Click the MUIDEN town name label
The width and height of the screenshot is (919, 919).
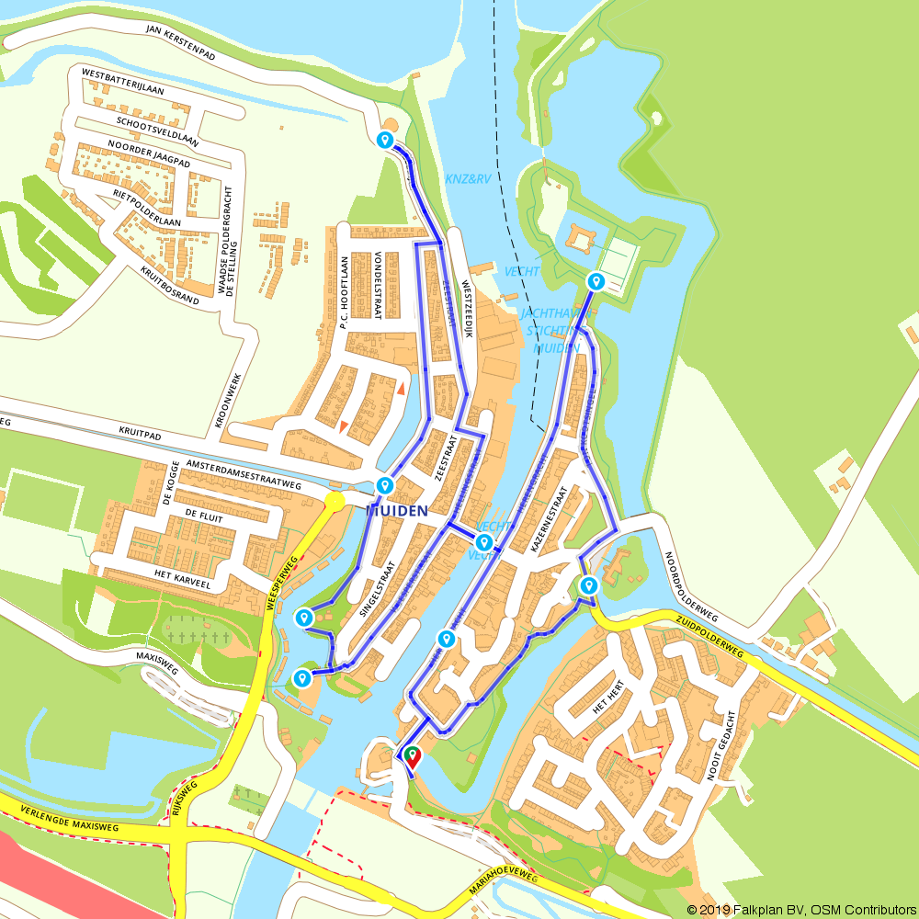pyautogui.click(x=397, y=510)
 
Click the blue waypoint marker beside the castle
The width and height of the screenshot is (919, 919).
pyautogui.click(x=596, y=281)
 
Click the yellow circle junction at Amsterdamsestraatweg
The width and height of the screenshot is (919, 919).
pyautogui.click(x=335, y=501)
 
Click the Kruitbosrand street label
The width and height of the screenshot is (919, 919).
pyautogui.click(x=169, y=286)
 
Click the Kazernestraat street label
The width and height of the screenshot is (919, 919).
pyautogui.click(x=551, y=523)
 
